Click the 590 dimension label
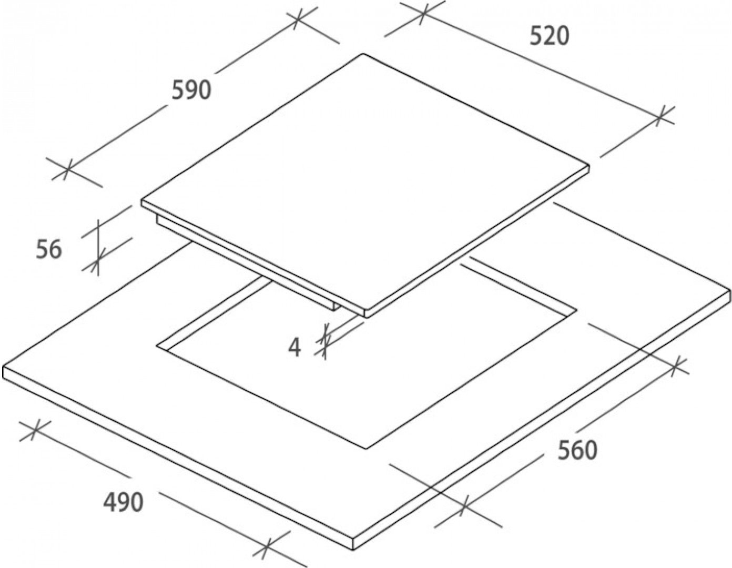click(191, 90)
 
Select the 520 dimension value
click(549, 36)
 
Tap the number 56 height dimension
click(49, 249)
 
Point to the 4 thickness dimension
click(296, 347)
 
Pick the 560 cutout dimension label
click(577, 450)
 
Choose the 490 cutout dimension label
click(123, 503)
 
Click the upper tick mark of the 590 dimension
click(298, 19)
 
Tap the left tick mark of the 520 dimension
click(424, 14)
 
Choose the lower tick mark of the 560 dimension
click(464, 506)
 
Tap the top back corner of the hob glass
click(363, 54)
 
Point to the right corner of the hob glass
click(589, 167)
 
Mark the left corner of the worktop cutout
click(156, 346)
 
